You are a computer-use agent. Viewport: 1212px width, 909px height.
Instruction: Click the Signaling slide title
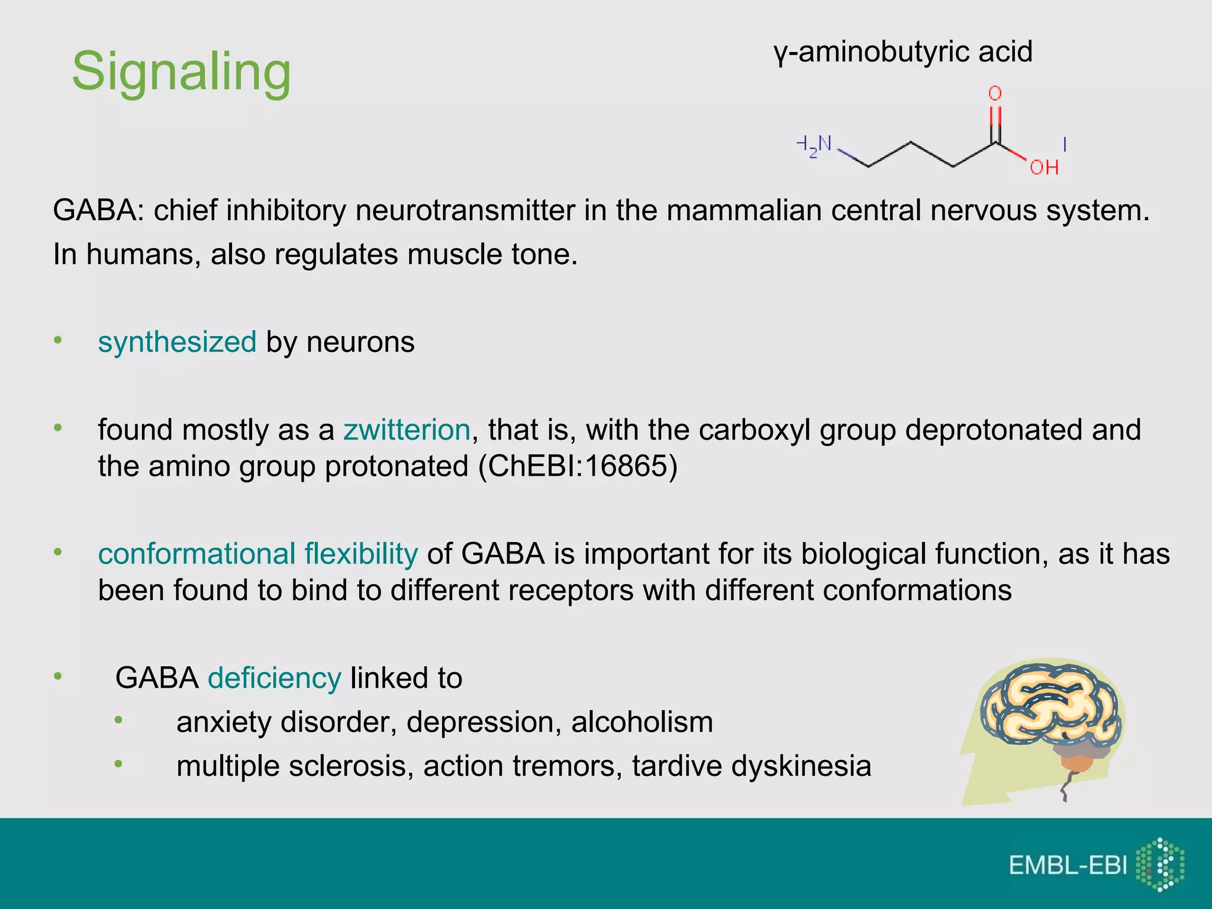click(x=181, y=72)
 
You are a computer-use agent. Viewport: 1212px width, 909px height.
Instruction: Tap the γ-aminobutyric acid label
click(x=902, y=52)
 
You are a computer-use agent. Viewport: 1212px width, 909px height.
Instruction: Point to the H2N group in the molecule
click(x=814, y=146)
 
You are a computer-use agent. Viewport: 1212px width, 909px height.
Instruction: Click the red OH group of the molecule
click(x=1044, y=167)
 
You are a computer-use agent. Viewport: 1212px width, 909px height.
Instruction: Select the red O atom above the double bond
click(x=995, y=94)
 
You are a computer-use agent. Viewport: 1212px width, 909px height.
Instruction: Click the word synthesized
click(x=177, y=342)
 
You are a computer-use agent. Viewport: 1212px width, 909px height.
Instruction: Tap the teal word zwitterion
click(x=407, y=430)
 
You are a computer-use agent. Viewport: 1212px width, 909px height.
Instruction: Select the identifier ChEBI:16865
click(x=578, y=466)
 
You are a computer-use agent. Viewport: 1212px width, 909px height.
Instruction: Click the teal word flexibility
click(x=361, y=554)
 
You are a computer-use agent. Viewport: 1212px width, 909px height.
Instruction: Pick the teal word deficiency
click(x=275, y=678)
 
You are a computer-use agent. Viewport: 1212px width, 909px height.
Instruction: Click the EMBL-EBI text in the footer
click(x=1068, y=865)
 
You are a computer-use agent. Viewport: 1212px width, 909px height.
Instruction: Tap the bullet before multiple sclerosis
click(x=118, y=764)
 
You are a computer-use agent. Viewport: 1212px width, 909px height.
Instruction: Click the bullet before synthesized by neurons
click(x=57, y=340)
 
